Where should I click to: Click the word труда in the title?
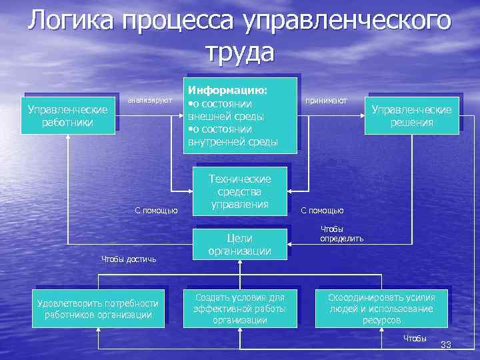(239, 51)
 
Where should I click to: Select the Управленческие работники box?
(68, 115)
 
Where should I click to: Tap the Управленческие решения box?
(411, 115)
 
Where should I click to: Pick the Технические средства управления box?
(240, 191)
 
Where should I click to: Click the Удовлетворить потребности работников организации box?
(98, 309)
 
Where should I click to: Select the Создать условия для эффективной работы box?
(239, 309)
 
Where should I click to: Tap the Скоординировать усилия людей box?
(381, 309)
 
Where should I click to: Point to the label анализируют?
(150, 100)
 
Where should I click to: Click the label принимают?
(326, 100)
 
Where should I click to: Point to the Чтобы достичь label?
(128, 259)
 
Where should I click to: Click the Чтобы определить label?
(341, 233)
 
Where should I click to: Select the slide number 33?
(446, 345)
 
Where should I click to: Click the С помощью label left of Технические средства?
(156, 211)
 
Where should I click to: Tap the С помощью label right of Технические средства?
(322, 211)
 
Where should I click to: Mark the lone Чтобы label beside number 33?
(415, 339)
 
